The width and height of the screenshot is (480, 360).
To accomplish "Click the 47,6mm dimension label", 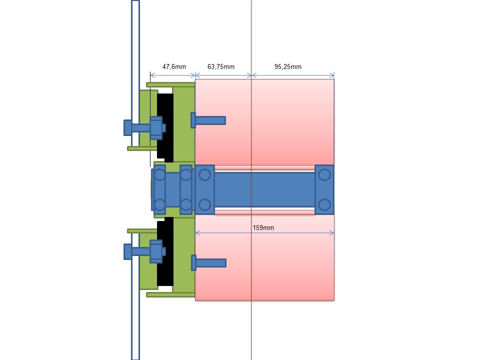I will click(x=174, y=67).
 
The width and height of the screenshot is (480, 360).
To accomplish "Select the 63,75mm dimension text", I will click(x=220, y=67).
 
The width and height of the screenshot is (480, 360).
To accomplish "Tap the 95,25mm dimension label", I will click(x=288, y=67).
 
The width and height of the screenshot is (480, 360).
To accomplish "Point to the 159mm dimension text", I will click(x=263, y=228).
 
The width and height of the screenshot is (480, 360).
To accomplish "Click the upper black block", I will click(x=165, y=127).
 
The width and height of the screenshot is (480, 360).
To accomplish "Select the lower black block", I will click(x=165, y=251).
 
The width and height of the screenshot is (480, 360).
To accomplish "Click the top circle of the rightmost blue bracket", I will click(x=324, y=174).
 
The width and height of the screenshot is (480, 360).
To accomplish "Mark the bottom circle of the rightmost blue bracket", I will click(x=324, y=204).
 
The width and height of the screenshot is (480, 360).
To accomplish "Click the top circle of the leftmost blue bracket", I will click(x=159, y=175).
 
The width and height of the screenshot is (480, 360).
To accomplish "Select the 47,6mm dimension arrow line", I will click(x=172, y=75).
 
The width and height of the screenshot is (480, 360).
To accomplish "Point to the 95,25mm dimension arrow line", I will click(x=292, y=75).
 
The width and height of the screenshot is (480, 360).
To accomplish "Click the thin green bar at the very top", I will click(x=170, y=84).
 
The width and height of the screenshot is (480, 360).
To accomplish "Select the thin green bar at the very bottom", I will click(x=170, y=295).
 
